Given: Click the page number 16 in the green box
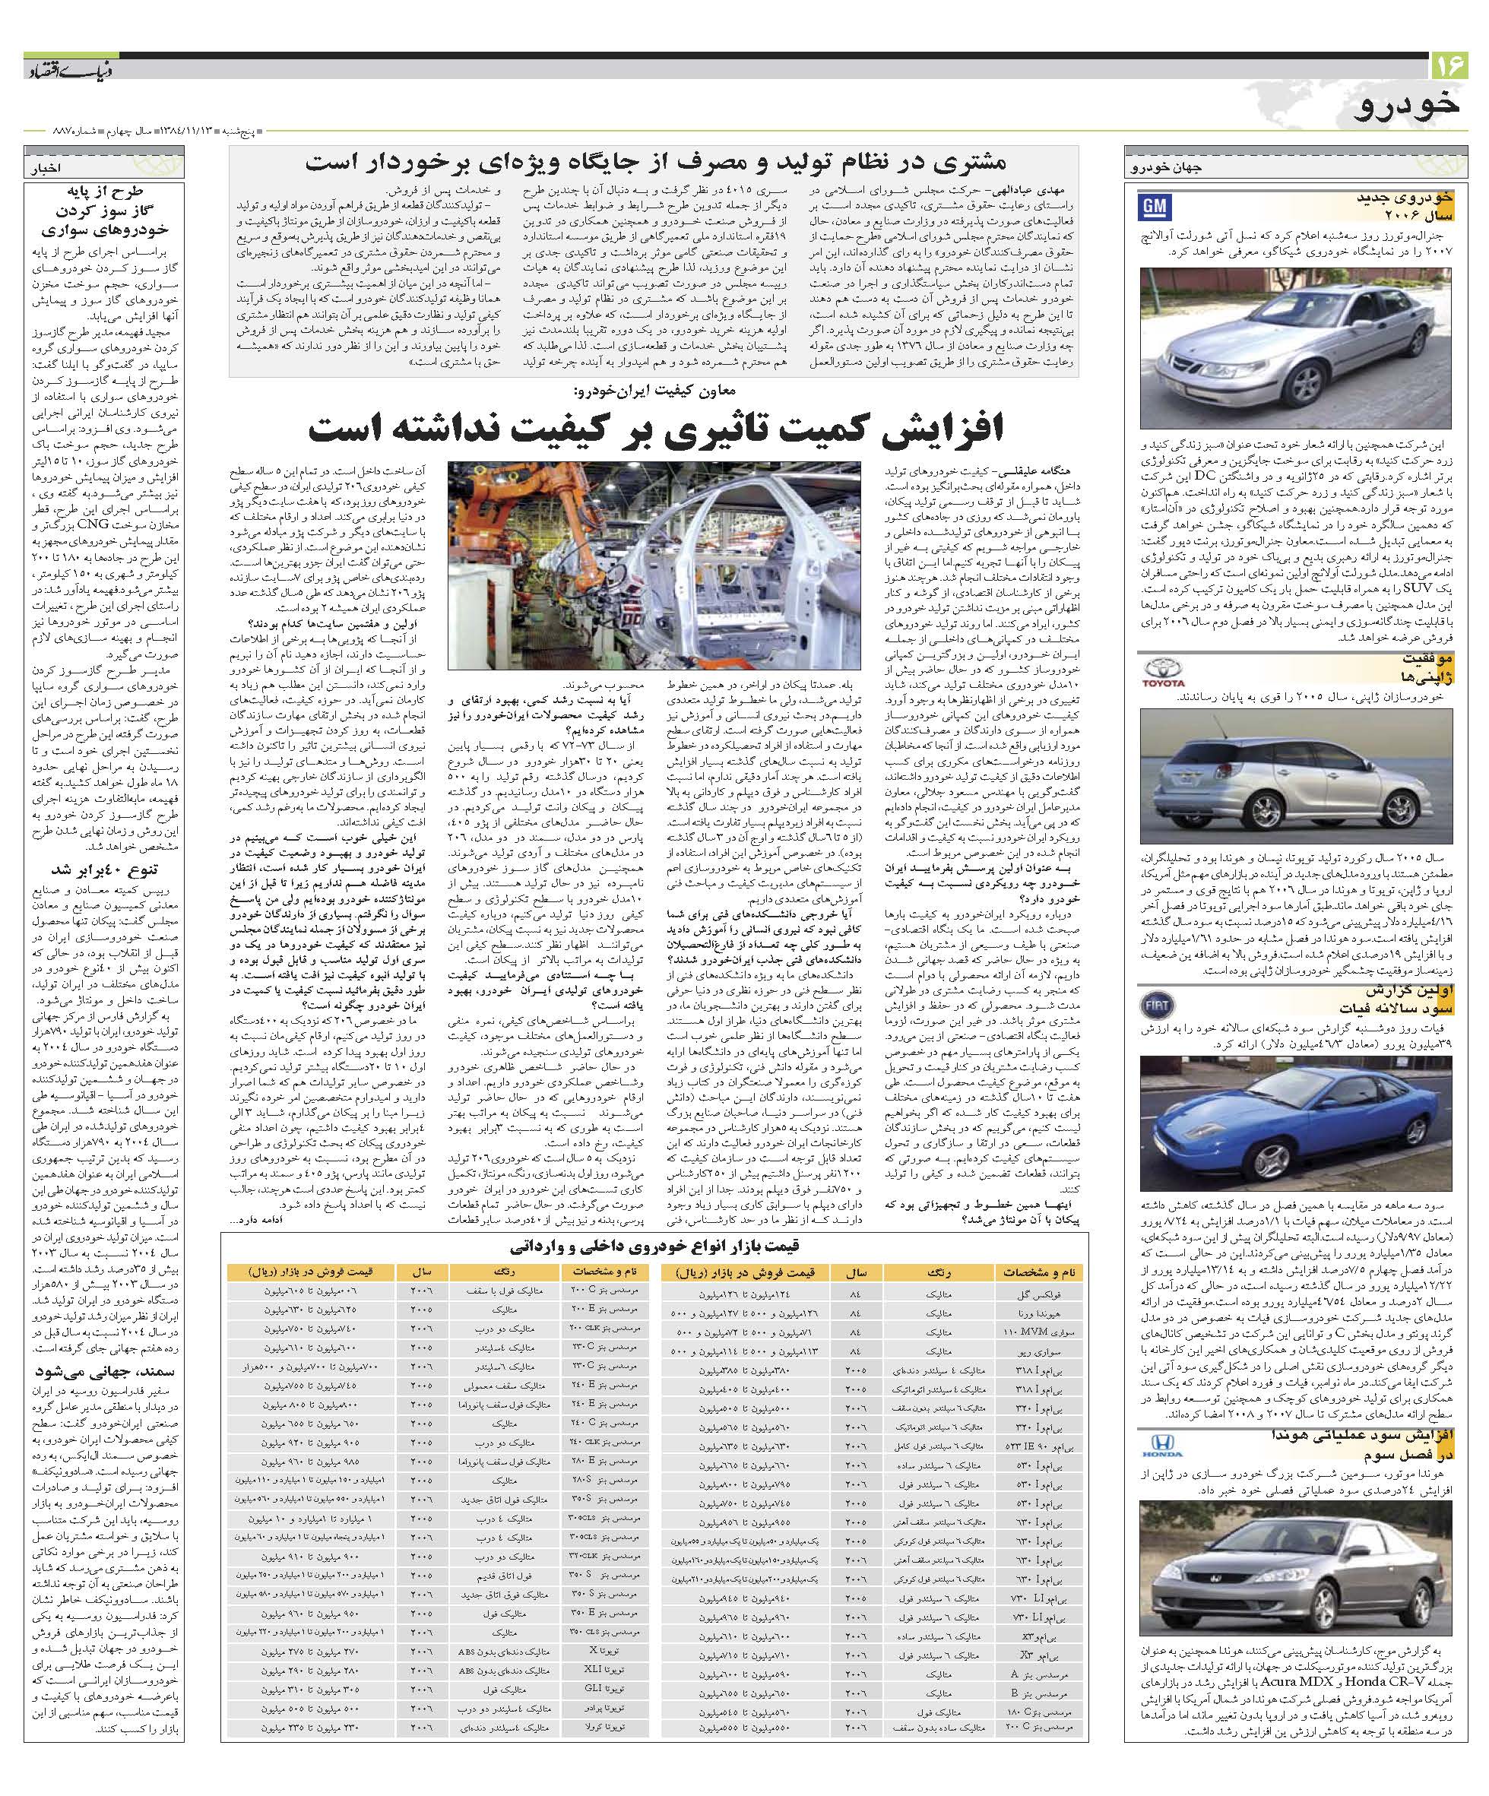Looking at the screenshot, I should point(1449,65).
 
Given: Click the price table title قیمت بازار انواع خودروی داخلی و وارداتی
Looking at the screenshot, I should point(655,1245).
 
